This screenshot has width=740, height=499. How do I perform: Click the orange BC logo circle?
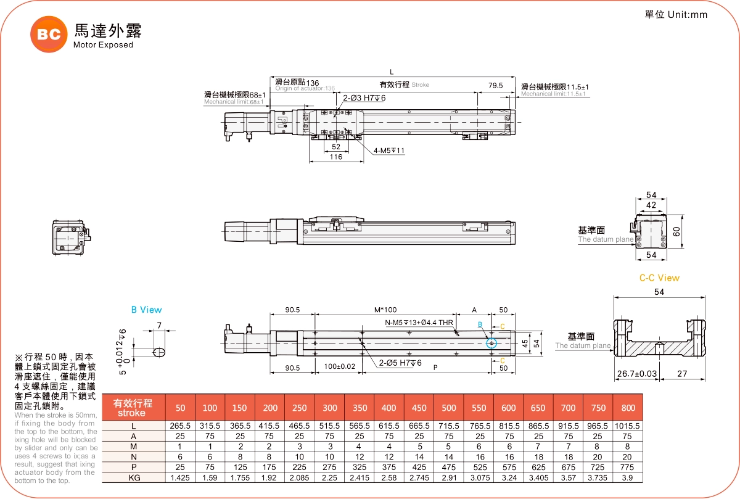[x=49, y=35]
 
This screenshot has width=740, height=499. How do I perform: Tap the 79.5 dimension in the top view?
[x=495, y=86]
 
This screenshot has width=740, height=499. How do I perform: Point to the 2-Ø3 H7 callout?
[x=364, y=98]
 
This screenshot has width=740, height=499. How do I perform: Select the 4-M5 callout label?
[x=388, y=151]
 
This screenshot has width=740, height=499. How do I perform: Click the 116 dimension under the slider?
[x=335, y=157]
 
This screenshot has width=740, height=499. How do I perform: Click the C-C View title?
[x=659, y=278]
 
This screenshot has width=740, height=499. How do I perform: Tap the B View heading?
[x=146, y=310]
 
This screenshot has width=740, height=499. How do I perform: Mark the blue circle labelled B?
[x=491, y=343]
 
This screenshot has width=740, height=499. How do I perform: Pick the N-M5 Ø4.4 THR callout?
[x=419, y=323]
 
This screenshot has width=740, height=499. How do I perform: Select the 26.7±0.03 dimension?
[x=636, y=374]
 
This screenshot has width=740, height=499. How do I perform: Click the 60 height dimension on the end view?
[x=676, y=231]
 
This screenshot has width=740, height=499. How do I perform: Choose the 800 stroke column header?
[x=628, y=408]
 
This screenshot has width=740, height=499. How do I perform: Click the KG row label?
[x=134, y=477]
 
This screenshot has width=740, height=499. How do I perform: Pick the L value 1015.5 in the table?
[x=628, y=426]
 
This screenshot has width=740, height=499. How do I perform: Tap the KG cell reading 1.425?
[x=180, y=477]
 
